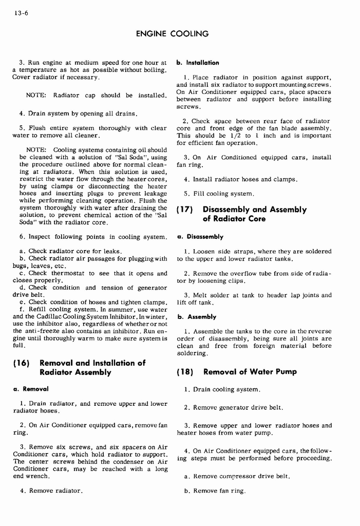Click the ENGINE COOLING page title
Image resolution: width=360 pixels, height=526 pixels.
coord(172,34)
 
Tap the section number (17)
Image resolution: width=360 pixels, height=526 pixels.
coord(185,210)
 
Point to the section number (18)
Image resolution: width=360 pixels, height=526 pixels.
coord(185,371)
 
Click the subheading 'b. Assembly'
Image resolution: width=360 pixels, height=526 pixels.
coord(197,317)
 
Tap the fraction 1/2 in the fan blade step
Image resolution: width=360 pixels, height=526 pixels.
coord(233,136)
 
